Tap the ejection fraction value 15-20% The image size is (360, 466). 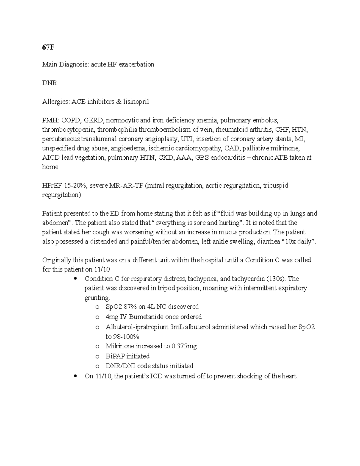click(76, 185)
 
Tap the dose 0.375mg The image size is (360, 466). click(184, 346)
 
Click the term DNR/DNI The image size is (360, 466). click(120, 366)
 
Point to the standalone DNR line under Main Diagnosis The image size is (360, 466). click(49, 83)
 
